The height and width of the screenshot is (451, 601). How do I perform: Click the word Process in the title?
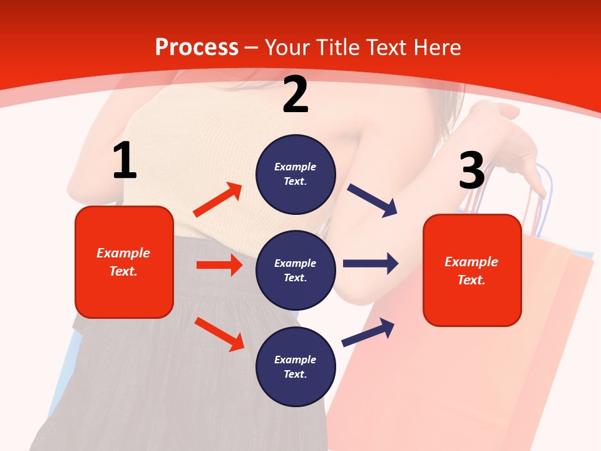(197, 48)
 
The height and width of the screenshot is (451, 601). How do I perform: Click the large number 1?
(124, 161)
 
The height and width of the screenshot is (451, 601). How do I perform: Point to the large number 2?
(295, 95)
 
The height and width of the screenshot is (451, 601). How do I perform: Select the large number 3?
(471, 170)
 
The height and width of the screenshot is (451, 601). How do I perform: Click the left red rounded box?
(124, 262)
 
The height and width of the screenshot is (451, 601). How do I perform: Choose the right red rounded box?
(472, 271)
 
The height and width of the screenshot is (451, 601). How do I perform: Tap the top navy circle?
(295, 174)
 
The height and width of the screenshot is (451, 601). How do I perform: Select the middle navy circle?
(295, 270)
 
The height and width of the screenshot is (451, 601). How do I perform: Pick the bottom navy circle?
(295, 366)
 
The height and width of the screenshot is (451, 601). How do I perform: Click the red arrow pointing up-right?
(218, 200)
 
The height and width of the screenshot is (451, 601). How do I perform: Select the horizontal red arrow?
(219, 265)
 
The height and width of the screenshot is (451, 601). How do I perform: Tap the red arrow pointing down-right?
(220, 334)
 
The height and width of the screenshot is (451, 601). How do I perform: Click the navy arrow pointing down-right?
(372, 200)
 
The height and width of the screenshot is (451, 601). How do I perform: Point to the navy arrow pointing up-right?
(368, 332)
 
